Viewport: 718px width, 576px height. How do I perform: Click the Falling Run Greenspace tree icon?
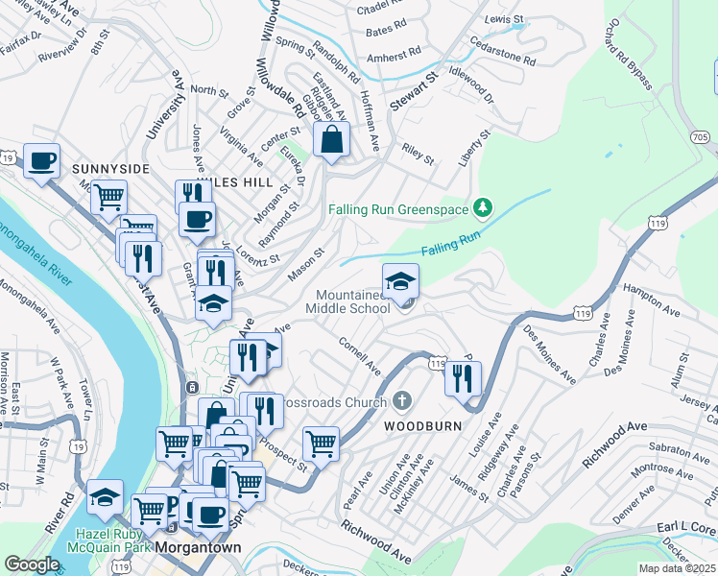(x=484, y=208)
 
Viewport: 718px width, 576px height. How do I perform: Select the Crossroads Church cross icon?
(x=402, y=400)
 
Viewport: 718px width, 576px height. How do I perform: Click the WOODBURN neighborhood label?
(x=423, y=425)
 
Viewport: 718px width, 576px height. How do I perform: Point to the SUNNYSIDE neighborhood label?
(x=110, y=169)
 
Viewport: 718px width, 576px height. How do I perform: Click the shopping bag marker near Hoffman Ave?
(x=331, y=139)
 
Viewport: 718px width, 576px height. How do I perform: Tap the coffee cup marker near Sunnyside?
(x=40, y=160)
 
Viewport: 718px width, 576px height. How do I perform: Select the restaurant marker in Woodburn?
(x=463, y=377)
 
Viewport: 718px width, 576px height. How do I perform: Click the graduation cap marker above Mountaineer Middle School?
(x=400, y=280)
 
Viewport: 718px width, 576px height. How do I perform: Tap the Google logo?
(x=32, y=564)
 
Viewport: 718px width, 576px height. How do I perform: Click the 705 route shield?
(x=701, y=138)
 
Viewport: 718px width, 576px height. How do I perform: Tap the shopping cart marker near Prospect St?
(x=321, y=444)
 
